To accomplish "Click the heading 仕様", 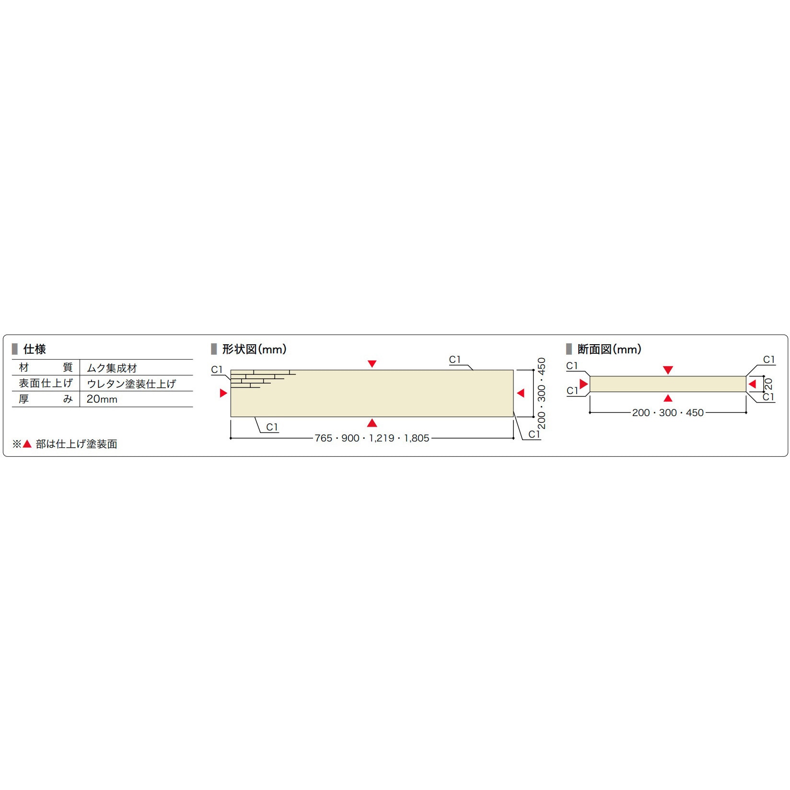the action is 35,349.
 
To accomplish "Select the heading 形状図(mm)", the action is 254,349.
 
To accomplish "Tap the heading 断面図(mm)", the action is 609,349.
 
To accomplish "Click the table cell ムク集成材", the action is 112,368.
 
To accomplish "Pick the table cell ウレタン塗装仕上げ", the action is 131,383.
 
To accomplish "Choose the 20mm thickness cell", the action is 102,399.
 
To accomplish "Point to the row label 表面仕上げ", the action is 46,383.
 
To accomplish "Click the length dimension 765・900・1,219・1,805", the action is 372,438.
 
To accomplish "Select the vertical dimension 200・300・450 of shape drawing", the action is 542,393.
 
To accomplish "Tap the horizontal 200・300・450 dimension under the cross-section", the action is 668,413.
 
